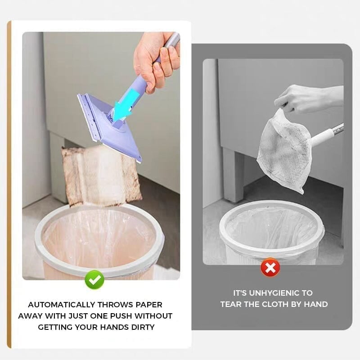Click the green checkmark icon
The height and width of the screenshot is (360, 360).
click(x=94, y=280)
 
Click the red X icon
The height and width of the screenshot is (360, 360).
click(x=270, y=268)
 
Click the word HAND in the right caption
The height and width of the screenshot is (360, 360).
click(x=317, y=304)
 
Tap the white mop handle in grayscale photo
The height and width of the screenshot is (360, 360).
click(x=326, y=135)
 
